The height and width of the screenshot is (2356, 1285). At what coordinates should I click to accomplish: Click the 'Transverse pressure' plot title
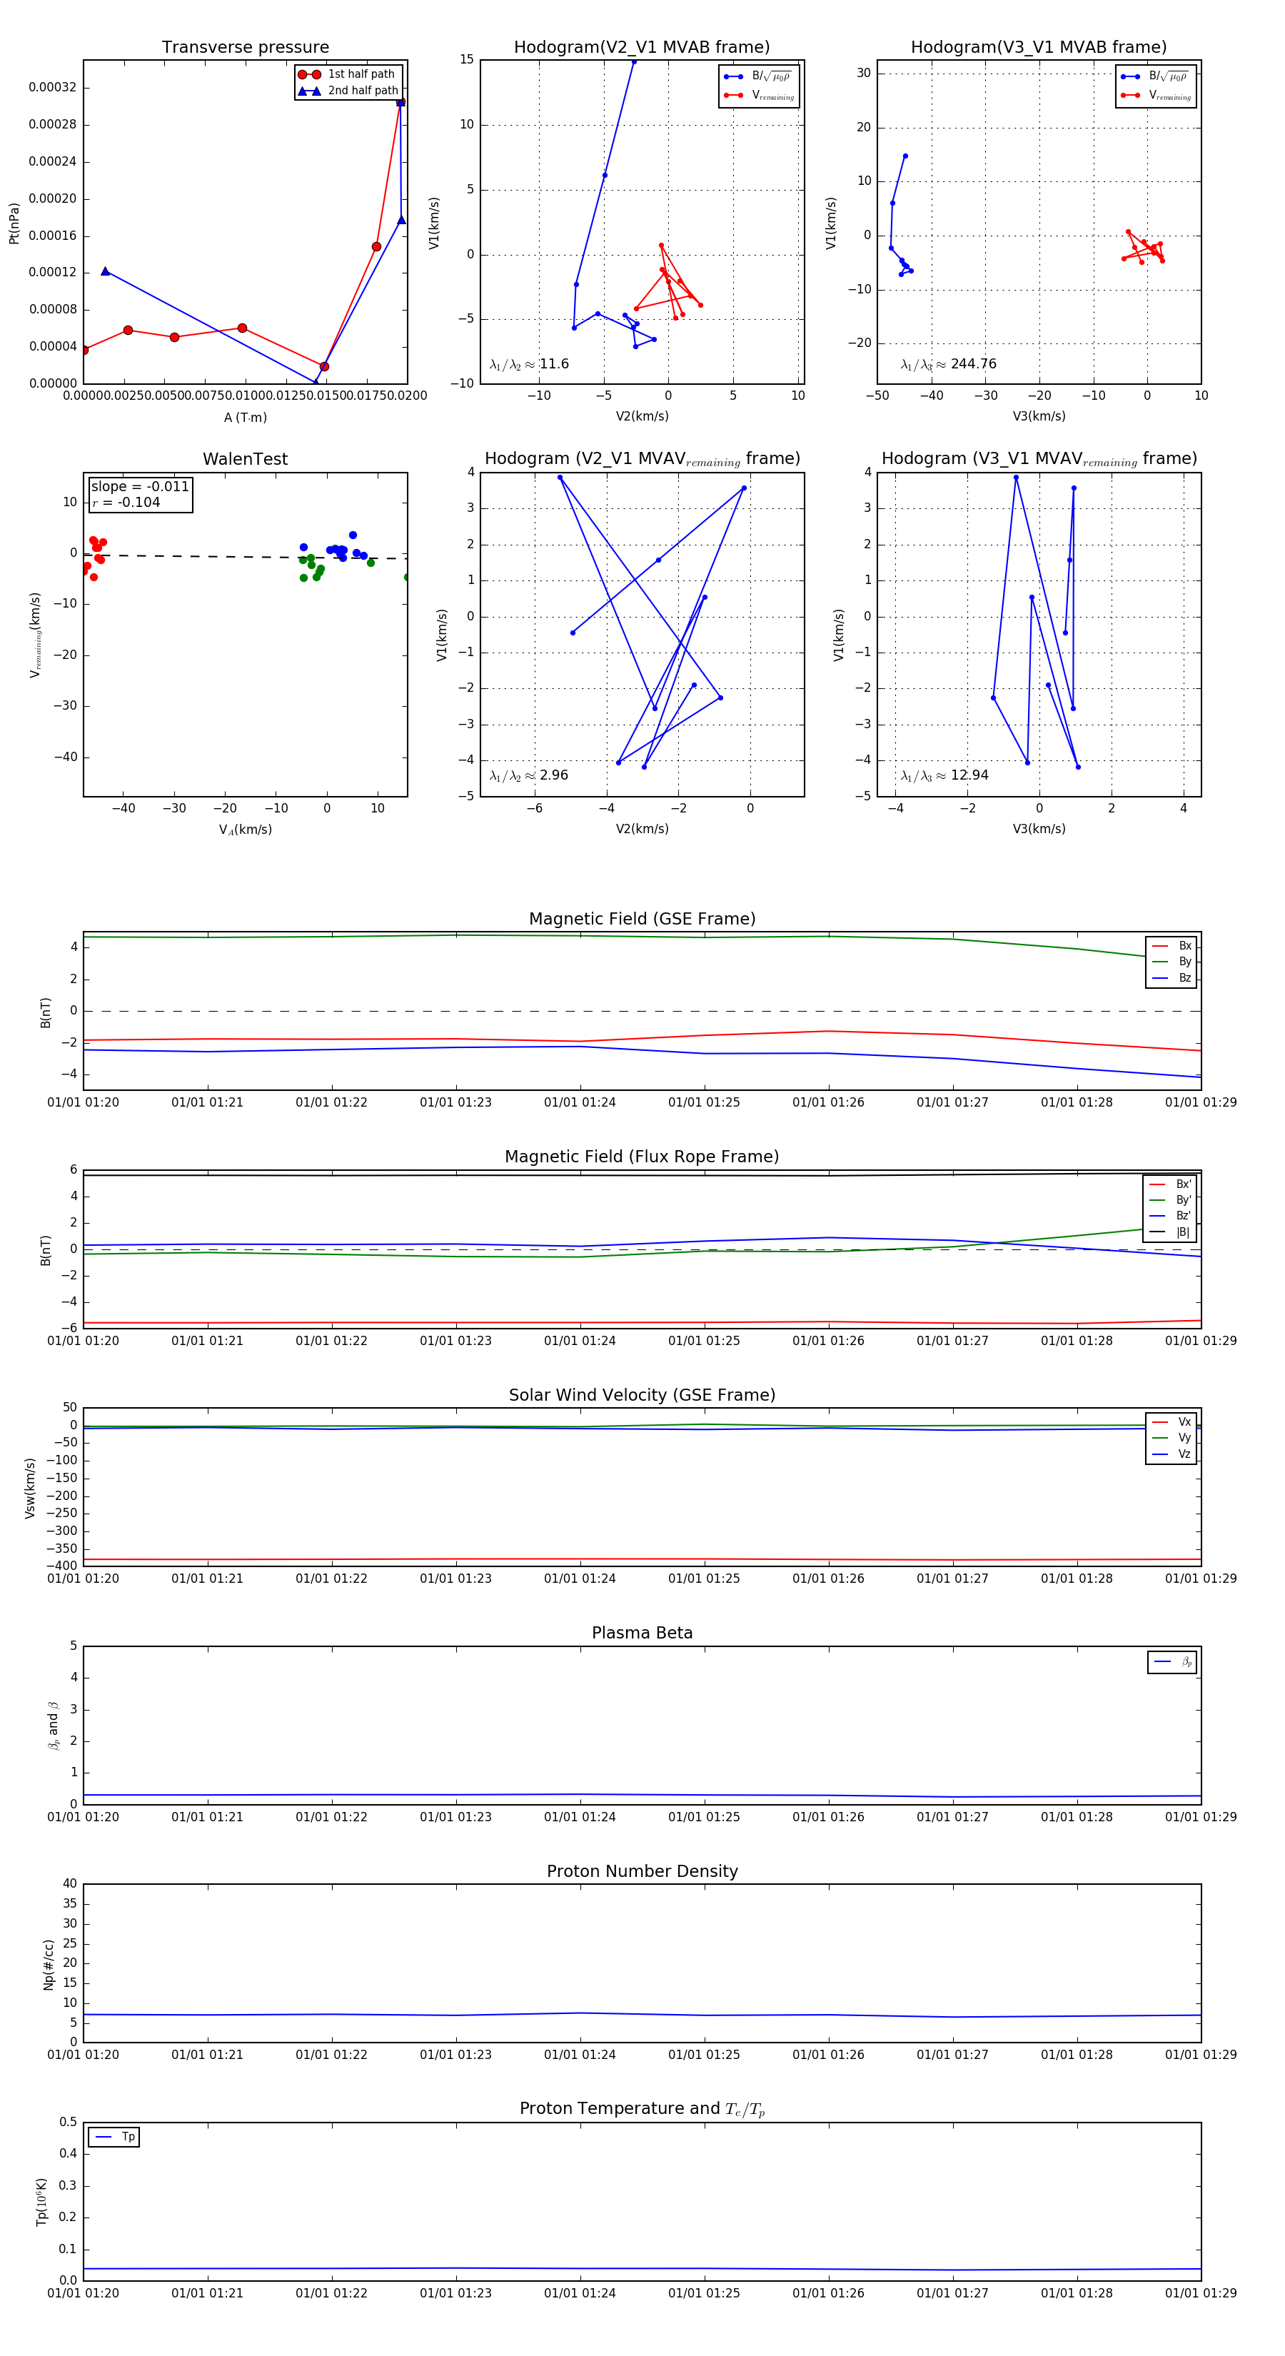tap(245, 48)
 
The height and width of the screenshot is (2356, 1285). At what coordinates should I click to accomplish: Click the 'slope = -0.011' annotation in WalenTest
tap(140, 487)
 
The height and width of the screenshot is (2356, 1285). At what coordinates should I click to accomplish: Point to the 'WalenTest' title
tap(245, 459)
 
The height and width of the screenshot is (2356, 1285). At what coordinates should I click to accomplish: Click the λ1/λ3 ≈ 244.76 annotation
tap(949, 364)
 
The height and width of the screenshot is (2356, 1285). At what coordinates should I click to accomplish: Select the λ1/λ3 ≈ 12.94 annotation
tap(944, 775)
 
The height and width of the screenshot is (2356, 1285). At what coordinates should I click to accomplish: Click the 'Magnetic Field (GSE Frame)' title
tap(642, 919)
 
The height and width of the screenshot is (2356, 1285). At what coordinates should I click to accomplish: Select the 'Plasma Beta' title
tap(642, 1633)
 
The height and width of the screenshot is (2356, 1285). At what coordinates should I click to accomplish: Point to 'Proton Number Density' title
tap(642, 1871)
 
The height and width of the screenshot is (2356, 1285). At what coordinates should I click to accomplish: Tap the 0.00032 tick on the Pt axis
tap(52, 88)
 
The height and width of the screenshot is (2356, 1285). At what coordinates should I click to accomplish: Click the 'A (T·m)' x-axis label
tap(245, 417)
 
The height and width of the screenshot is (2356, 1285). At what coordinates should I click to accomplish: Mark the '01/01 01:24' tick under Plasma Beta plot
tap(580, 1816)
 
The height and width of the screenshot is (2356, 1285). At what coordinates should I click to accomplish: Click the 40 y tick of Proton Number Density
tap(69, 1884)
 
